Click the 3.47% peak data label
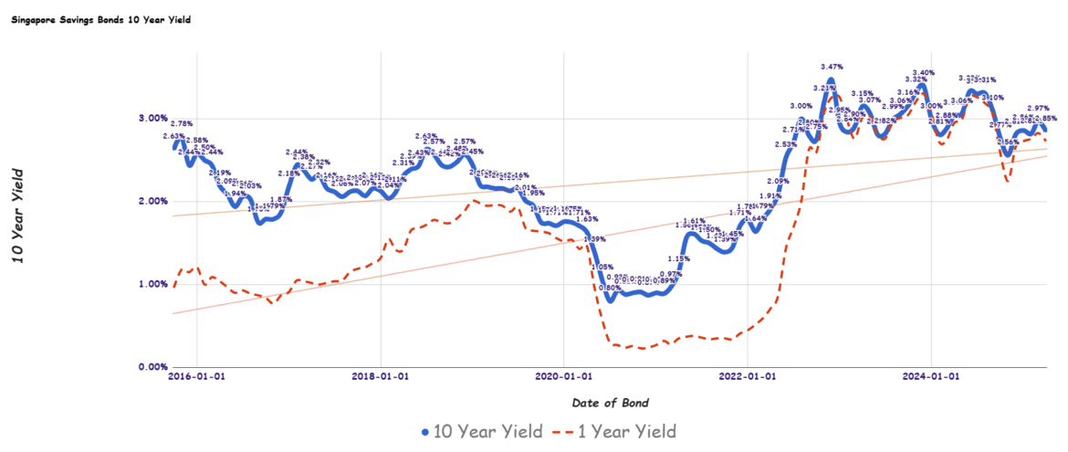coord(832,67)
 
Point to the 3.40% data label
coord(923,73)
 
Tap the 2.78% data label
coord(182,123)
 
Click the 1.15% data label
coord(678,259)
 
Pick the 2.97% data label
coord(1037,109)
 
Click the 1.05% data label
coord(602,268)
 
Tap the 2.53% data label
coord(786,144)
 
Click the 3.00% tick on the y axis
coord(152,118)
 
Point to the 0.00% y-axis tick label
coord(152,367)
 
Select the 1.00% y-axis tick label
coord(152,284)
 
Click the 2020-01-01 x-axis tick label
coord(563,375)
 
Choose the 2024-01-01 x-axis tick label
coord(930,375)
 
